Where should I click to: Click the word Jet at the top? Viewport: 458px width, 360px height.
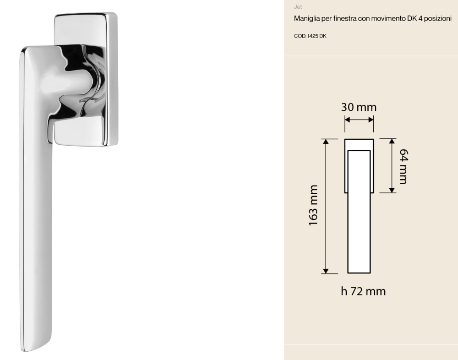[x=298, y=7]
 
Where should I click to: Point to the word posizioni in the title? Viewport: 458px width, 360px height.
[x=438, y=19]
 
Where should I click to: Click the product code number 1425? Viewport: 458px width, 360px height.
[x=312, y=36]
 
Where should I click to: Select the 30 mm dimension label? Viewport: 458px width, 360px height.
[x=359, y=107]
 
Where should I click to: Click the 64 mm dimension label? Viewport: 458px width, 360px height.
[x=403, y=166]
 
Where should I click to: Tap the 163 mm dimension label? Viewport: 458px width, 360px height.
[x=313, y=205]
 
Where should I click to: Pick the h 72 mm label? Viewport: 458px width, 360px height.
[x=363, y=291]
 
